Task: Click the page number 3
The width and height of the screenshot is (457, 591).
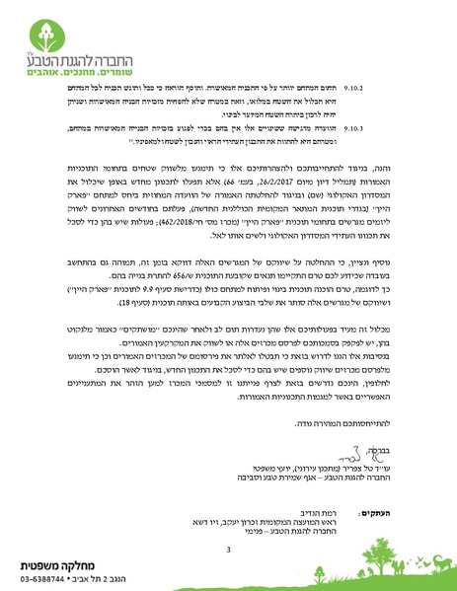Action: click(x=229, y=521)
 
